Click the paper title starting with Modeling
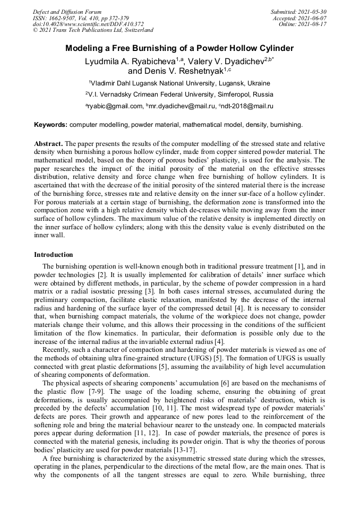point(179,48)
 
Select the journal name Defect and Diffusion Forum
point(67,12)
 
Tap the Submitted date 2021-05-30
point(298,12)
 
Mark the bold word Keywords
point(50,125)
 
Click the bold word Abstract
point(49,144)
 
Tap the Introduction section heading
point(54,255)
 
